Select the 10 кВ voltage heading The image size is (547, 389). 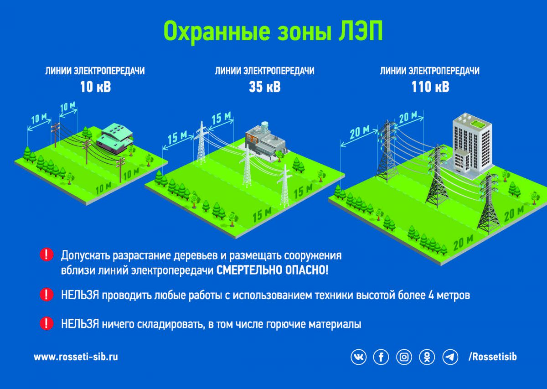point(95,87)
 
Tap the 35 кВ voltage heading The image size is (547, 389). point(265,87)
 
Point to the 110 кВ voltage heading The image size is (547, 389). point(430,87)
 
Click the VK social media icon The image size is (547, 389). point(358,357)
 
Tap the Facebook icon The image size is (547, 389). point(381,357)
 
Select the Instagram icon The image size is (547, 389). point(404,357)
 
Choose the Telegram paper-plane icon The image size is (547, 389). point(450,357)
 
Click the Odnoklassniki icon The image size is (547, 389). point(427,357)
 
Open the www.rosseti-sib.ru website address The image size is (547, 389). point(76,357)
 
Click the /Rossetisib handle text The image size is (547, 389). point(493,357)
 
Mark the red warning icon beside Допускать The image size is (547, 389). point(46,254)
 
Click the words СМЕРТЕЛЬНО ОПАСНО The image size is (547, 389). point(272,270)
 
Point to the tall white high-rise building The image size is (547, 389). point(470,144)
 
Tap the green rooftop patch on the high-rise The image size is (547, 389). point(477,121)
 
